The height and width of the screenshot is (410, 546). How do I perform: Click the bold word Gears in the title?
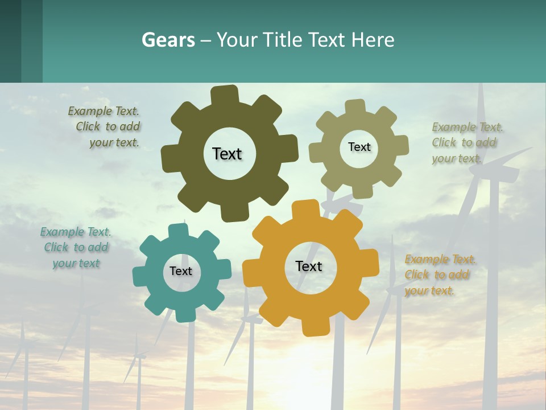coord(168,40)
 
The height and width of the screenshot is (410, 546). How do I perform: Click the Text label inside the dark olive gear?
coord(227,154)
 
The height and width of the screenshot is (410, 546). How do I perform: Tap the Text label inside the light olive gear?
coord(359,147)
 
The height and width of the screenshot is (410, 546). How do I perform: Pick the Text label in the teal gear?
coord(181,271)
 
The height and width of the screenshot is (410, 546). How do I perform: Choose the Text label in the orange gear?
coord(309,266)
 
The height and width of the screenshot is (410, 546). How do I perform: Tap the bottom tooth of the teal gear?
coord(183,314)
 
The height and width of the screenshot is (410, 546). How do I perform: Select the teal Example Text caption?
coord(76,248)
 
